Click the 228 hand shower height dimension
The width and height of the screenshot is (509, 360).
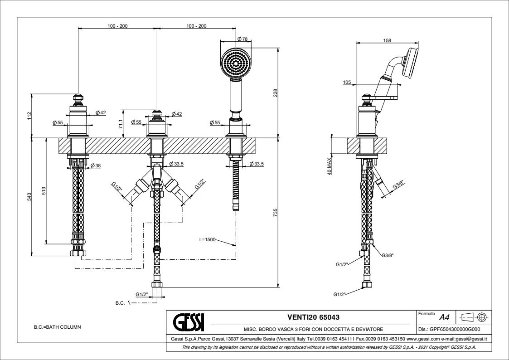pyautogui.click(x=275, y=92)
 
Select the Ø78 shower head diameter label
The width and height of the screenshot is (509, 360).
pyautogui.click(x=242, y=39)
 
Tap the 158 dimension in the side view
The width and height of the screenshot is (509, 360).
pyautogui.click(x=387, y=40)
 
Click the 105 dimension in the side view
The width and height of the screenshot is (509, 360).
pyautogui.click(x=348, y=82)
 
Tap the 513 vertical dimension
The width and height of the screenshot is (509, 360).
pyautogui.click(x=43, y=191)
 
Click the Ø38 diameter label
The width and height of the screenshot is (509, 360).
pyautogui.click(x=95, y=165)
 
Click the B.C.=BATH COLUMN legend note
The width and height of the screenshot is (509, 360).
pyautogui.click(x=58, y=326)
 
